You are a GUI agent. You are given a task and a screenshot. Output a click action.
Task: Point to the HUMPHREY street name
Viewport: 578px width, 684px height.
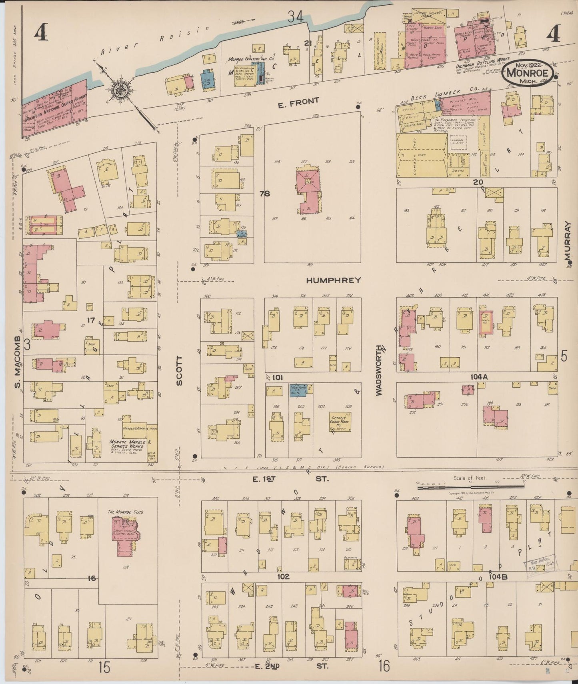(x=333, y=280)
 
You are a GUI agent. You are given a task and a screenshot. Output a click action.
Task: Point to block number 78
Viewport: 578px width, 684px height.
(x=264, y=194)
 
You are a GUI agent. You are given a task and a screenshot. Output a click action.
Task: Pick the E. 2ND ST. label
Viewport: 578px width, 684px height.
(x=292, y=666)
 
